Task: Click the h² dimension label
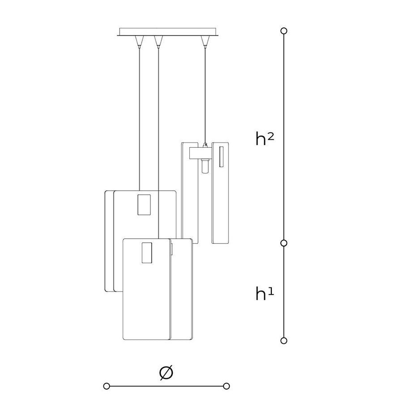[265, 139]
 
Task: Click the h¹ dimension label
[265, 293]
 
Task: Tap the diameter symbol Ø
[166, 373]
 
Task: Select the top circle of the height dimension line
[284, 31]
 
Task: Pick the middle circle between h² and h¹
[284, 243]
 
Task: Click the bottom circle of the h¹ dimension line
[284, 341]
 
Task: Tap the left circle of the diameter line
[107, 386]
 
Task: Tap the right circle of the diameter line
[227, 386]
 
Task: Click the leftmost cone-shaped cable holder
[139, 42]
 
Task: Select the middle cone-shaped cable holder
[159, 42]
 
